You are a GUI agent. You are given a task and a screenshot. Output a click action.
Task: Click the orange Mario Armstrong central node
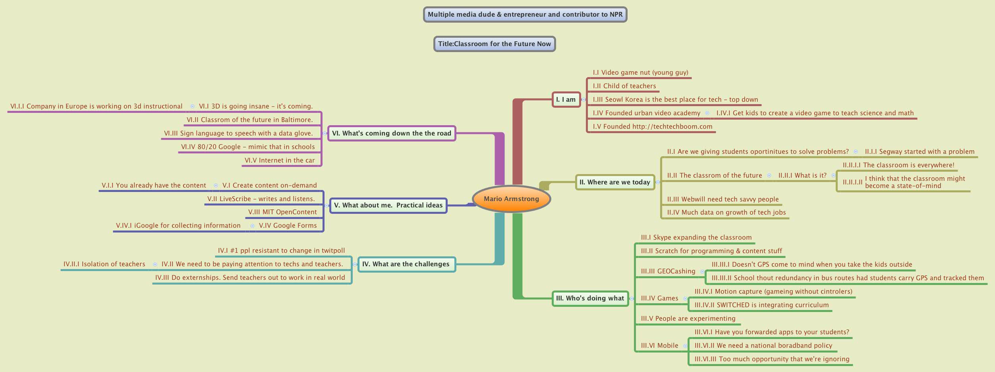point(511,199)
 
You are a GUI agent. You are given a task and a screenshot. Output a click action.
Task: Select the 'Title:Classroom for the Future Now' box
point(494,44)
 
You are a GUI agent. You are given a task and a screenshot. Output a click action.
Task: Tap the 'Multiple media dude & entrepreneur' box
point(525,14)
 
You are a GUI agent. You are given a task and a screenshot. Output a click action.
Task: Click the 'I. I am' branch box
point(566,99)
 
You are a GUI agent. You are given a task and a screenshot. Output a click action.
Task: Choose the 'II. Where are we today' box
point(614,182)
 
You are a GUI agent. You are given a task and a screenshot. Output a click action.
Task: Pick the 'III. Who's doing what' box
point(590,298)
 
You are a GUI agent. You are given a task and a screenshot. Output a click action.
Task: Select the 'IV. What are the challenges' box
point(406,264)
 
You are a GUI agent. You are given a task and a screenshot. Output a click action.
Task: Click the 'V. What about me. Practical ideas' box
point(388,205)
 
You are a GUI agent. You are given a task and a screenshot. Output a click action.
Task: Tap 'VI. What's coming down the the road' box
point(391,133)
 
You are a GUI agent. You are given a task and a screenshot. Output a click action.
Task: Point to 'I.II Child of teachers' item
point(624,86)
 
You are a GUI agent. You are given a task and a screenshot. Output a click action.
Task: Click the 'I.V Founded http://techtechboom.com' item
point(652,126)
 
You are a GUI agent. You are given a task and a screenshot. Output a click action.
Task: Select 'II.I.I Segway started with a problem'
point(920,151)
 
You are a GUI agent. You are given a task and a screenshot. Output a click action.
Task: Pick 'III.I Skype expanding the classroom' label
point(696,237)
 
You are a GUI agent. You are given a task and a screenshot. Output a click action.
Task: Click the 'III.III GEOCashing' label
point(668,271)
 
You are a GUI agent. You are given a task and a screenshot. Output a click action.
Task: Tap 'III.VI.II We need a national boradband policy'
point(763,345)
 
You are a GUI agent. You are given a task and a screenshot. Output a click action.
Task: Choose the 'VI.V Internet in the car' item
point(280,160)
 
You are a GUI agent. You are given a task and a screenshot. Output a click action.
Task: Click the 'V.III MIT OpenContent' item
point(282,212)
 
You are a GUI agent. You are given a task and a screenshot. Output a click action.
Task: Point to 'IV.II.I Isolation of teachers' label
point(104,264)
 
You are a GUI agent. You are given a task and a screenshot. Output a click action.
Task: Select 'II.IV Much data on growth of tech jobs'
point(726,212)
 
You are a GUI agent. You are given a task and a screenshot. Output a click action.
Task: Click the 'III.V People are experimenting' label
point(688,318)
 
